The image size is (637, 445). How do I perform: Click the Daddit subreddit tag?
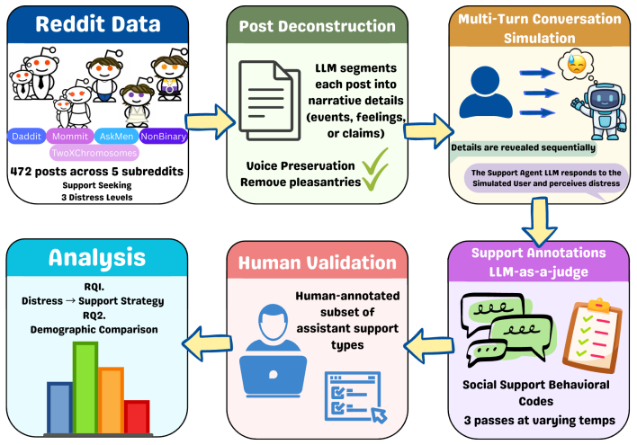point(26,136)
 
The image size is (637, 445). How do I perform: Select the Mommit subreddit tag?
point(70,136)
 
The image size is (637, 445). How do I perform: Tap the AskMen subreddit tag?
point(116,136)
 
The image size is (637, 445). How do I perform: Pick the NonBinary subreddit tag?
point(164,136)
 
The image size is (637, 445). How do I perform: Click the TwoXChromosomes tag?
point(94,153)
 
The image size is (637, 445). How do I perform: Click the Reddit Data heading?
point(98,24)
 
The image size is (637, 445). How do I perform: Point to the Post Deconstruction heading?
point(317,26)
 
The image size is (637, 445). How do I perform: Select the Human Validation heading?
point(317,263)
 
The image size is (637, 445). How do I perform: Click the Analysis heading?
point(97,257)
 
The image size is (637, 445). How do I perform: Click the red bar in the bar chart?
point(137,417)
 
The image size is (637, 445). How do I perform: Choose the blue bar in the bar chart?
point(59,408)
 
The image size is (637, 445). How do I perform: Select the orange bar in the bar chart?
point(111,401)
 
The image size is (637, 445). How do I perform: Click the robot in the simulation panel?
point(598,111)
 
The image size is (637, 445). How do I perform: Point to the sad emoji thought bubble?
point(576,64)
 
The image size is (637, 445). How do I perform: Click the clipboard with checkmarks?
point(592,336)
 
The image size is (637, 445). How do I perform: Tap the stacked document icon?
point(269,100)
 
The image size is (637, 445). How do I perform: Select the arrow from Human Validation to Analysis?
point(207,343)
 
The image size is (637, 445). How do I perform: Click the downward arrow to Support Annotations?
point(540,222)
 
